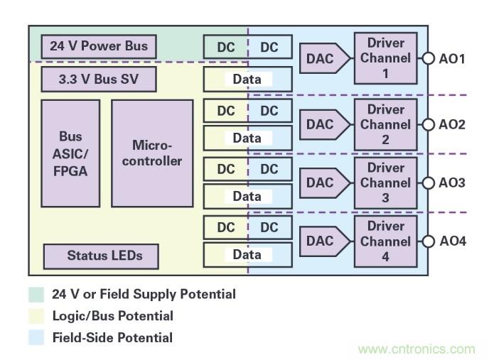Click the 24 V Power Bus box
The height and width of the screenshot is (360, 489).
click(x=99, y=47)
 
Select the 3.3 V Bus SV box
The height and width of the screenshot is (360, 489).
click(x=99, y=79)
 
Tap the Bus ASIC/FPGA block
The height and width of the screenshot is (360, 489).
click(x=70, y=153)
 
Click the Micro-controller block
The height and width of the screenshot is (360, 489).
click(x=152, y=153)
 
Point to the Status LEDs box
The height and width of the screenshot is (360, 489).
click(x=100, y=256)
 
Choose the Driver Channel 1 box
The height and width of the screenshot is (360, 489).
click(x=385, y=58)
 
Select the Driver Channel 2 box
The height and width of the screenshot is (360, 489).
click(x=385, y=124)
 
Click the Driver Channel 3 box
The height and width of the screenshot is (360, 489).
click(x=385, y=182)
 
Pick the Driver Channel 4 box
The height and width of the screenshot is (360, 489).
click(x=385, y=241)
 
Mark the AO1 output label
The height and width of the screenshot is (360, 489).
click(x=451, y=59)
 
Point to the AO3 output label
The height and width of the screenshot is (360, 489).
click(x=451, y=183)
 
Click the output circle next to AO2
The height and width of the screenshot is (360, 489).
click(x=428, y=125)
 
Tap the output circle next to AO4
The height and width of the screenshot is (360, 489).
click(x=428, y=241)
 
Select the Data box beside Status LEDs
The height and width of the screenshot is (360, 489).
click(x=247, y=255)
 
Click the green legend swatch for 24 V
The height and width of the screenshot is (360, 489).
click(x=36, y=294)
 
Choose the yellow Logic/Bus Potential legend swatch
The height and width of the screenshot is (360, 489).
click(x=36, y=316)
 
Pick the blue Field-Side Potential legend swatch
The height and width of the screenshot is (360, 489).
click(x=36, y=338)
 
